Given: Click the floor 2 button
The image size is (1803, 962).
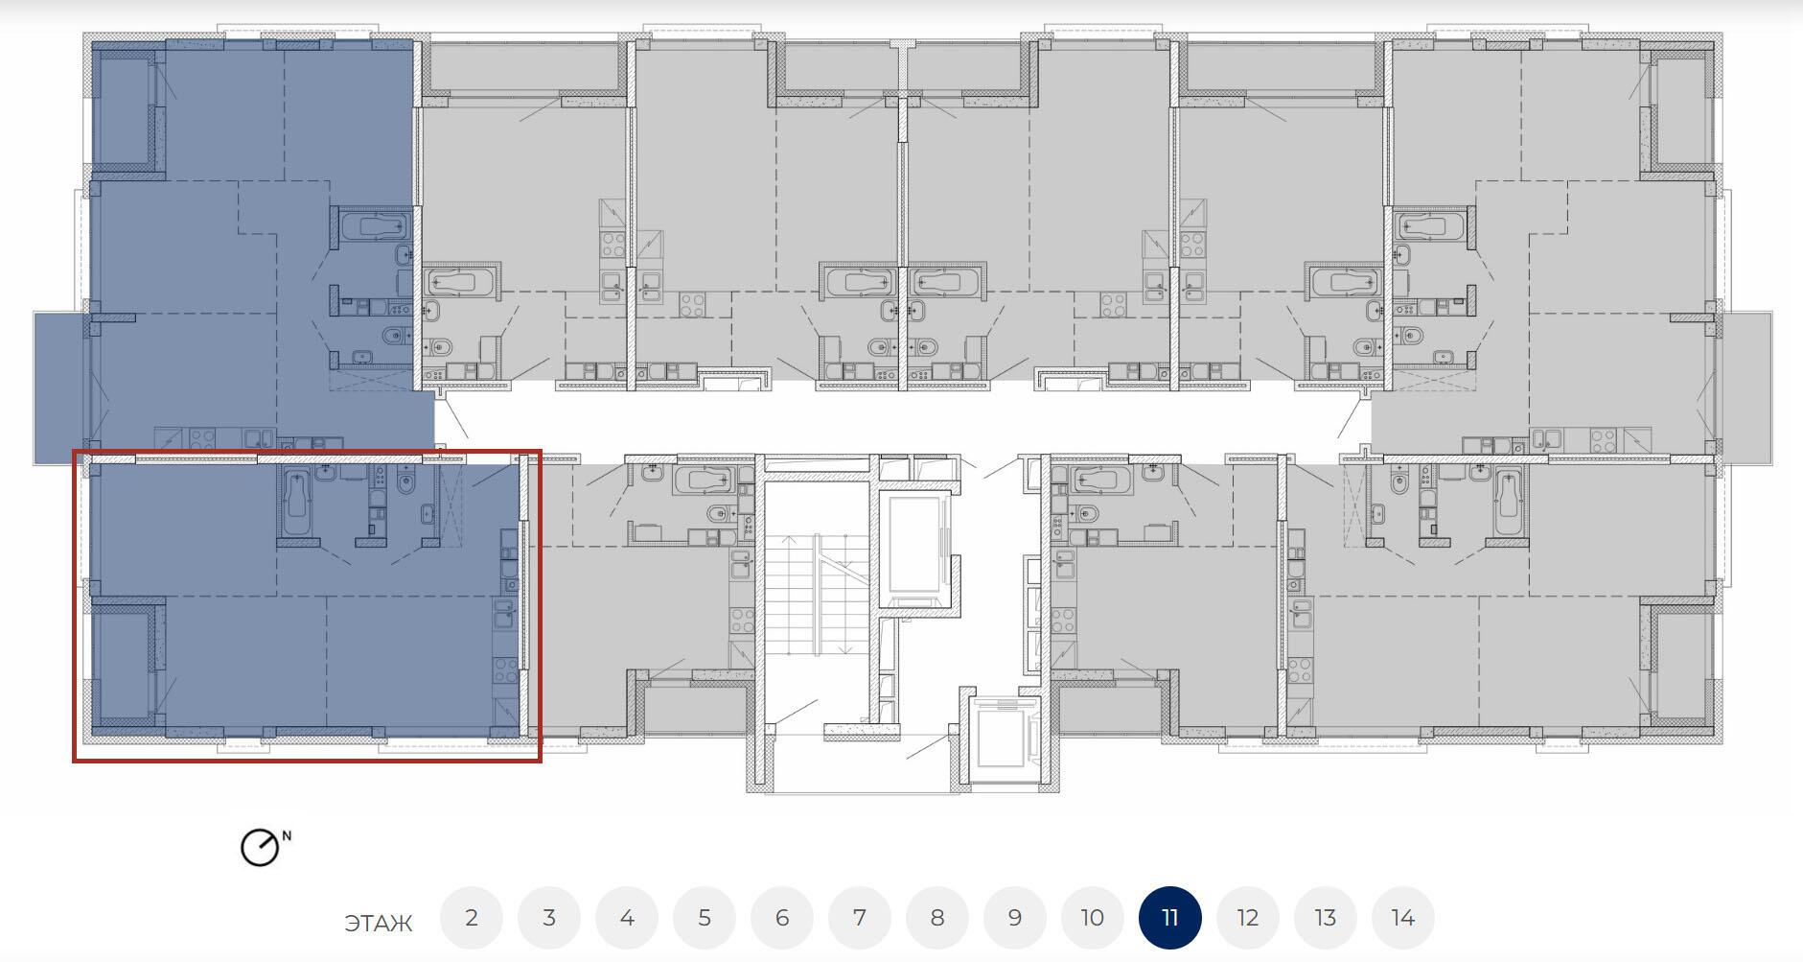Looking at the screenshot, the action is tap(472, 918).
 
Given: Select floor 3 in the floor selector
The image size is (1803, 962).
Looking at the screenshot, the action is tap(549, 918).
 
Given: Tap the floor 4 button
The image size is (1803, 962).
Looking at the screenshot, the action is tap(627, 918).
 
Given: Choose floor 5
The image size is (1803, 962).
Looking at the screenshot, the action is tap(705, 918).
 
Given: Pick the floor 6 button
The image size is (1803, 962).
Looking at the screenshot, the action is tap(782, 918).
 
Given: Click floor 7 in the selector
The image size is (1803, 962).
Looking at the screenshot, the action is tap(860, 918).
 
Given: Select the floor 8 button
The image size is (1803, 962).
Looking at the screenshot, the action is tap(937, 918).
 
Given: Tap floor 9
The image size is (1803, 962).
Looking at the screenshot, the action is tap(1015, 918).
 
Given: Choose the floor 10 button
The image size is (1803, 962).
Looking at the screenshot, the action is tap(1093, 918).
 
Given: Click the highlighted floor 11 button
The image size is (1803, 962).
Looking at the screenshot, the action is tap(1170, 918).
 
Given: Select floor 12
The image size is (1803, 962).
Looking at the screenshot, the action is tap(1248, 918).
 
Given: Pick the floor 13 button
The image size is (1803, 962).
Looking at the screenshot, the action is tap(1326, 918).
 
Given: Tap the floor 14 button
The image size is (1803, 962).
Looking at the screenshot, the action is tap(1403, 918).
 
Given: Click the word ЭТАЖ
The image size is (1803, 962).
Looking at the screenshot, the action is tap(379, 924).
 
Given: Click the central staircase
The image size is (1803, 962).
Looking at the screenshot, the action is tap(815, 595).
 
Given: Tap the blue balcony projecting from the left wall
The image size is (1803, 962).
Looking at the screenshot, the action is tap(59, 387).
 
